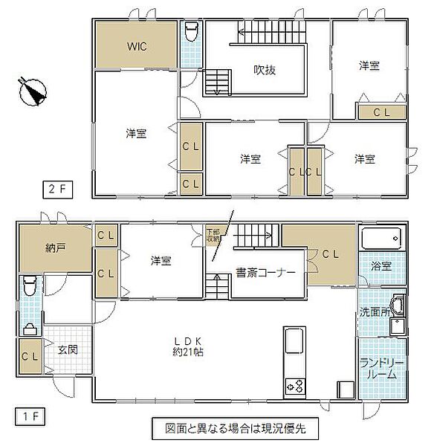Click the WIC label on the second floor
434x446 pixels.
(x=136, y=46)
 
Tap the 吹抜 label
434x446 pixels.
(x=265, y=71)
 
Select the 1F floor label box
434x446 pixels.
(x=26, y=410)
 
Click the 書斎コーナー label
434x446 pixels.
(x=266, y=273)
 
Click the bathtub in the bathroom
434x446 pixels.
(x=382, y=240)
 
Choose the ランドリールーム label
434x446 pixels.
(x=381, y=369)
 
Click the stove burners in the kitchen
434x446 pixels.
(x=294, y=386)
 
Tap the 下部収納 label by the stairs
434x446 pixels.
(x=213, y=235)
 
